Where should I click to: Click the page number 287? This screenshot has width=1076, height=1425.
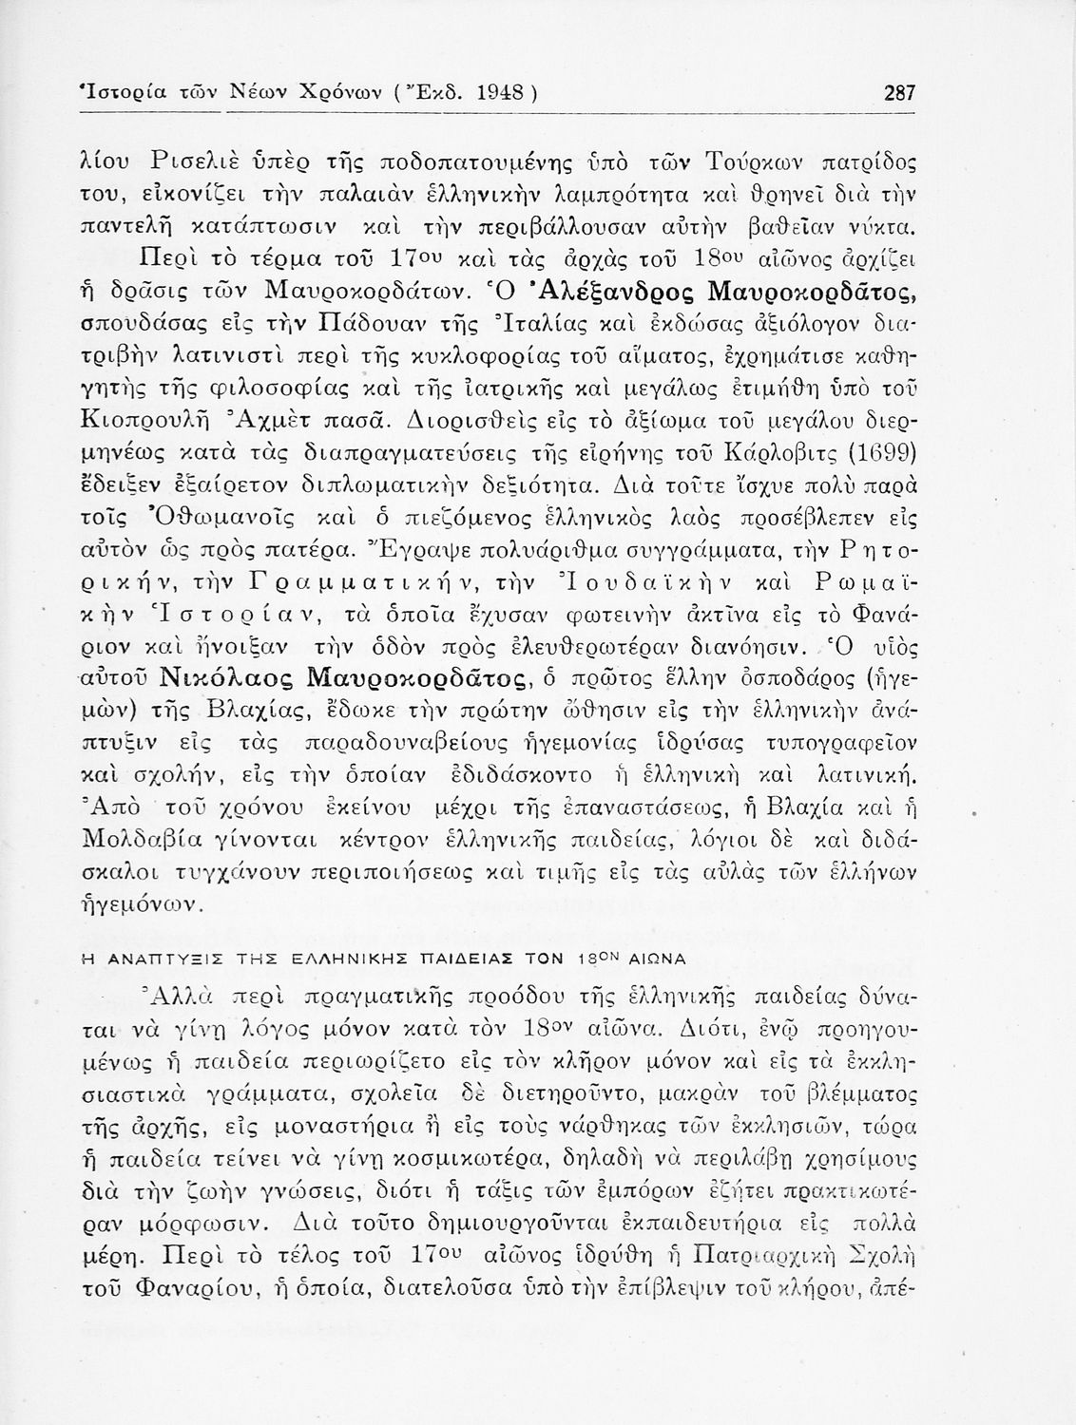click(x=898, y=93)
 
